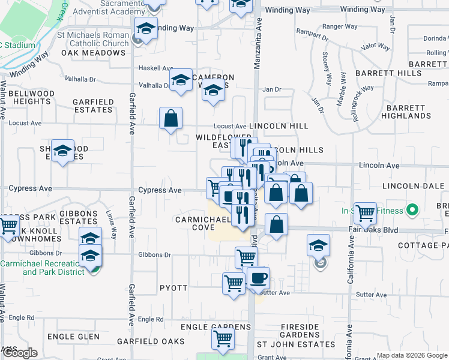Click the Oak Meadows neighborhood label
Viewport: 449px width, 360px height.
click(93, 53)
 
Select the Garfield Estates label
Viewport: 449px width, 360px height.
click(93, 106)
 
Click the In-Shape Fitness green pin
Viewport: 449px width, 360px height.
click(412, 211)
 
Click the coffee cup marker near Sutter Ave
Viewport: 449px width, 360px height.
click(258, 278)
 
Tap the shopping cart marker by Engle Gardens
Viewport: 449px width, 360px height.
click(223, 338)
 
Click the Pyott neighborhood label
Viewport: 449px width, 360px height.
click(174, 289)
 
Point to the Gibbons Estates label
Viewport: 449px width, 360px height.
click(79, 217)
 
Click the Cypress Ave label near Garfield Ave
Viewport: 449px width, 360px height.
click(160, 190)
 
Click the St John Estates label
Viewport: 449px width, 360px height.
click(296, 344)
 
